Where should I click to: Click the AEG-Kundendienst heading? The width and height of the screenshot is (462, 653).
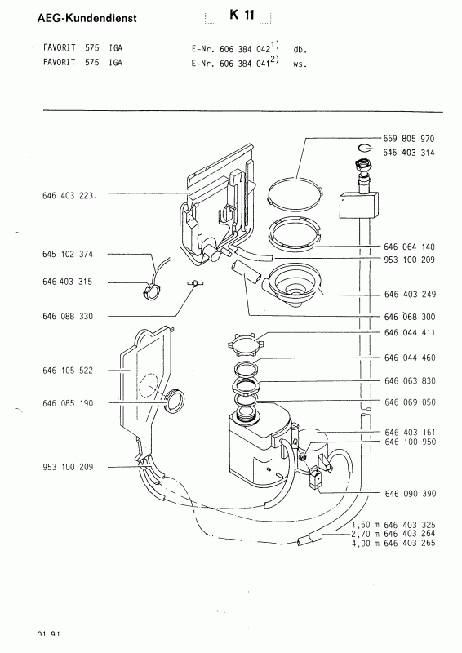87,18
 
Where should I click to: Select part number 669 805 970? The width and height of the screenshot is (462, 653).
409,139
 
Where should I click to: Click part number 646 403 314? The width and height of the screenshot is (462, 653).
409,153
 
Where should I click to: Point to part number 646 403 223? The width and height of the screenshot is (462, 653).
68,196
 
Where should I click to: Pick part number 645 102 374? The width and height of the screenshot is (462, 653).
68,254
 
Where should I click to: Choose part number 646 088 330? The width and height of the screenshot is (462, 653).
68,317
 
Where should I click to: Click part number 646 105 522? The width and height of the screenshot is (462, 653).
68,371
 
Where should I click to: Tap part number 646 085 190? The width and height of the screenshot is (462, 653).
68,403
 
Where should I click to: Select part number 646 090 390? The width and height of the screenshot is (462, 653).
411,494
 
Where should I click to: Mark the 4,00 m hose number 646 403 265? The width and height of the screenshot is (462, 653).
393,543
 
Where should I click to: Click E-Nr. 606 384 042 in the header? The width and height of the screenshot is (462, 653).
231,49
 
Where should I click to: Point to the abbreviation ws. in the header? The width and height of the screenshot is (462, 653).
300,65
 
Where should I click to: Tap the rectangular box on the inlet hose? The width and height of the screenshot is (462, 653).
358,205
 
